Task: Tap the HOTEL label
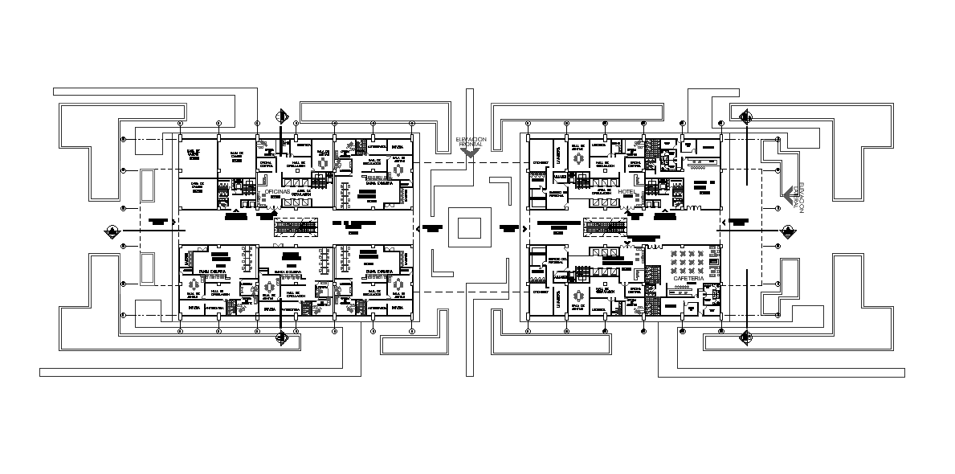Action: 627,192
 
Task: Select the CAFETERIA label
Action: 683,279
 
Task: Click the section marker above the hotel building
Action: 746,118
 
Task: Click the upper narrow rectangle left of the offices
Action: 148,186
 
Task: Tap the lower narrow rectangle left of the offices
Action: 148,267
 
